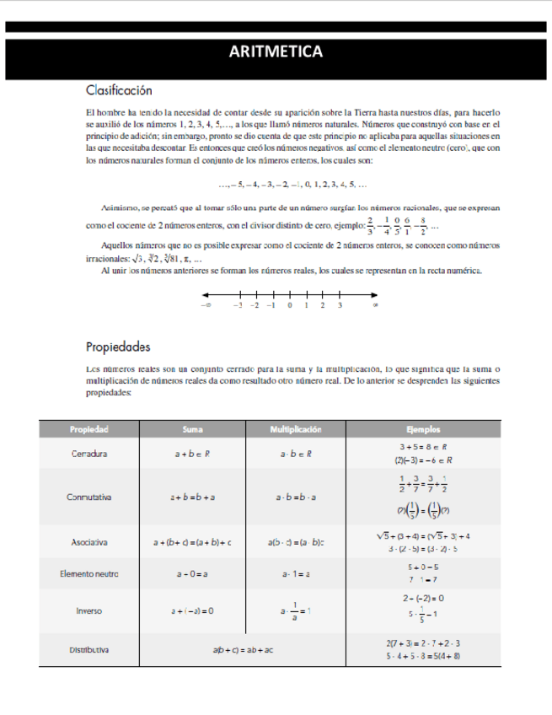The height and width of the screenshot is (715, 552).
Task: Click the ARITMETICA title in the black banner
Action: [276, 52]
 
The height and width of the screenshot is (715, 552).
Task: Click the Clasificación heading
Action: [119, 89]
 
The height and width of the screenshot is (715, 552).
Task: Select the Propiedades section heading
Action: [118, 347]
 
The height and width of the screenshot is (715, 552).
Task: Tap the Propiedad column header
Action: [88, 429]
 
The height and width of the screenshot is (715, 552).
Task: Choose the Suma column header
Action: [192, 429]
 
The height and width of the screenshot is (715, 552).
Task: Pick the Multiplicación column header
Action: [295, 429]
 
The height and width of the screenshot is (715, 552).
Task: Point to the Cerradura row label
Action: [88, 454]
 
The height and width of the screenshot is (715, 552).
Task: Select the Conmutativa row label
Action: [88, 497]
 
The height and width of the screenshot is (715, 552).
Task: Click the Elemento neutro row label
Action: [88, 573]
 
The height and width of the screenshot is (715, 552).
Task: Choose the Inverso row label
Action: [88, 610]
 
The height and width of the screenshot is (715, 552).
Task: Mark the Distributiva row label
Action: [88, 650]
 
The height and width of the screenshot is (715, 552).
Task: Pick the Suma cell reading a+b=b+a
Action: [192, 497]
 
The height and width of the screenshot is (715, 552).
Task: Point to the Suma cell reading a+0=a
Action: [192, 573]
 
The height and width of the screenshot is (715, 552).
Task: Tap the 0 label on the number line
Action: [289, 306]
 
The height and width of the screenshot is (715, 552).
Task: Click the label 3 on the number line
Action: [340, 306]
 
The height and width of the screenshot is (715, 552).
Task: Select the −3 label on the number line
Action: [238, 306]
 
